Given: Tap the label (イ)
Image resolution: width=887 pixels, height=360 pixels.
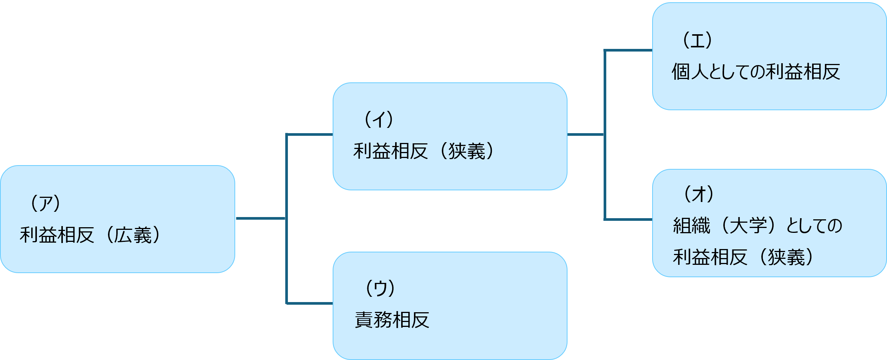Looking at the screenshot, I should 378,120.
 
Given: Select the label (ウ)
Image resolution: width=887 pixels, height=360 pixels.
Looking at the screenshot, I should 380,289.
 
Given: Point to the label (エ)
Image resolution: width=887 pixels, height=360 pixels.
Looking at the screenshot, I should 697,40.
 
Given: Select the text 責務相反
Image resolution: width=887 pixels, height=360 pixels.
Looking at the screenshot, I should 392,320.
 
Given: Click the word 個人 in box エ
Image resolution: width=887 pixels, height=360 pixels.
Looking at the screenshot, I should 690,71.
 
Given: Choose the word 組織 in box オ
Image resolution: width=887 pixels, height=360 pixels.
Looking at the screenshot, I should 691,226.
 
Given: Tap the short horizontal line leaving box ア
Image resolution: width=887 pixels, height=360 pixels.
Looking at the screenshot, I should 260,218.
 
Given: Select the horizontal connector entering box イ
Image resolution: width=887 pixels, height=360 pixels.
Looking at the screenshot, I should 310,134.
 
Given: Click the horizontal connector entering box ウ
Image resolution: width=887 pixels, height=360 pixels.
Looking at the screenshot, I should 310,303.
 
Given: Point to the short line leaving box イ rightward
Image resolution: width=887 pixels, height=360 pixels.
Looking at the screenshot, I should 586,134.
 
